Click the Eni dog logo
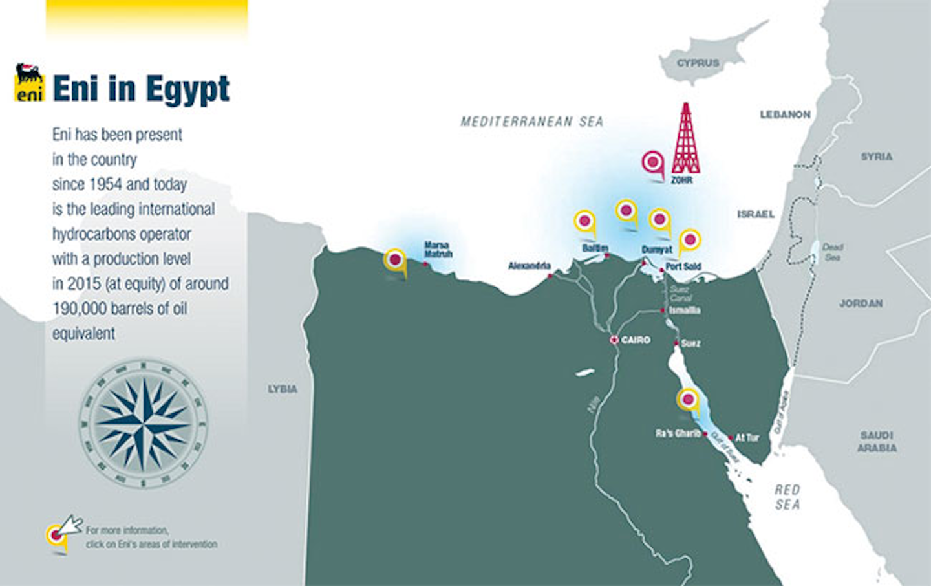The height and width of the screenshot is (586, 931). click(30, 82)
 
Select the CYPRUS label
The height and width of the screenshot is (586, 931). click(698, 63)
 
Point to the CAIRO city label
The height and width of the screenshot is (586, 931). click(636, 340)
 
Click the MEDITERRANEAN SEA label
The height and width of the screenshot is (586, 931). click(531, 121)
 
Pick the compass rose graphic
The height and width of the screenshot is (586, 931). click(144, 424)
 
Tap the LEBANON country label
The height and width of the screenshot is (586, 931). click(785, 114)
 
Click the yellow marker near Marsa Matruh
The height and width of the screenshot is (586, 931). click(395, 261)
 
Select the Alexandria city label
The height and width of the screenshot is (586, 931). click(529, 266)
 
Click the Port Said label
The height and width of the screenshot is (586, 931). click(683, 266)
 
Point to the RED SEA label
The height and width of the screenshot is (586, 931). click(787, 497)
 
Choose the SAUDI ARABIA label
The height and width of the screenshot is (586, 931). click(877, 441)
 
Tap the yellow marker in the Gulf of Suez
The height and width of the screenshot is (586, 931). click(688, 400)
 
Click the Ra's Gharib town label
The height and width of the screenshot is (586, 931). click(678, 433)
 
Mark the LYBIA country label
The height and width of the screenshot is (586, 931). click(283, 389)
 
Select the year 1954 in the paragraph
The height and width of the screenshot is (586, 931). click(105, 184)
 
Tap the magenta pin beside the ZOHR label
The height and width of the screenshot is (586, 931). click(653, 162)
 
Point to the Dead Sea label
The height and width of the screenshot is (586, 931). click(832, 252)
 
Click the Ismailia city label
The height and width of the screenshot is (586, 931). click(685, 310)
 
